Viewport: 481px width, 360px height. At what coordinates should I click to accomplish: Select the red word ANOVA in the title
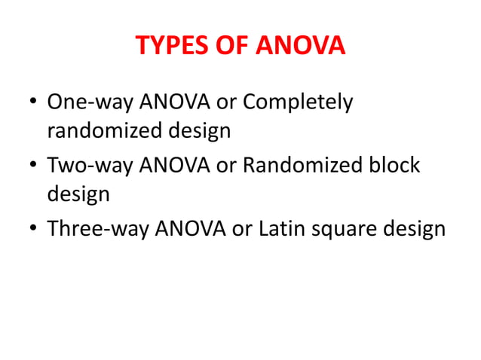point(302,47)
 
